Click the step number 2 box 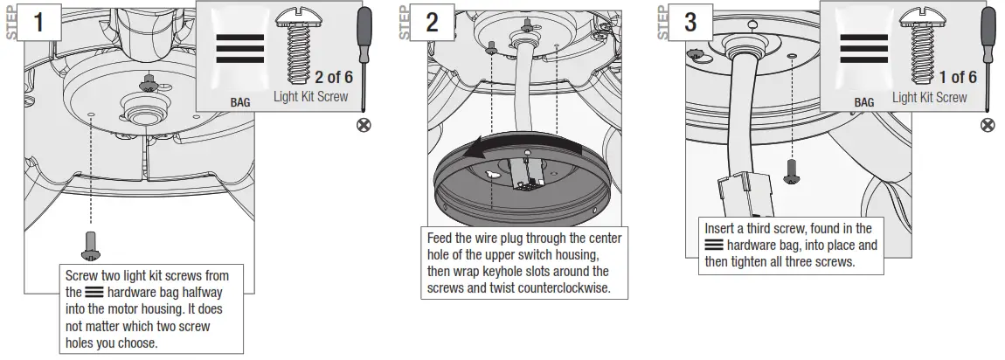(x=432, y=23)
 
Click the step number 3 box (x=690, y=23)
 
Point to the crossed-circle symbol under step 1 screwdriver (x=364, y=126)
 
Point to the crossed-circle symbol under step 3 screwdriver (x=988, y=126)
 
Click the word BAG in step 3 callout (x=863, y=102)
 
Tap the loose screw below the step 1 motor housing (x=90, y=245)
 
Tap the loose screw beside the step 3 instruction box (x=792, y=170)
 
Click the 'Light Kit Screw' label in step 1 (x=310, y=97)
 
